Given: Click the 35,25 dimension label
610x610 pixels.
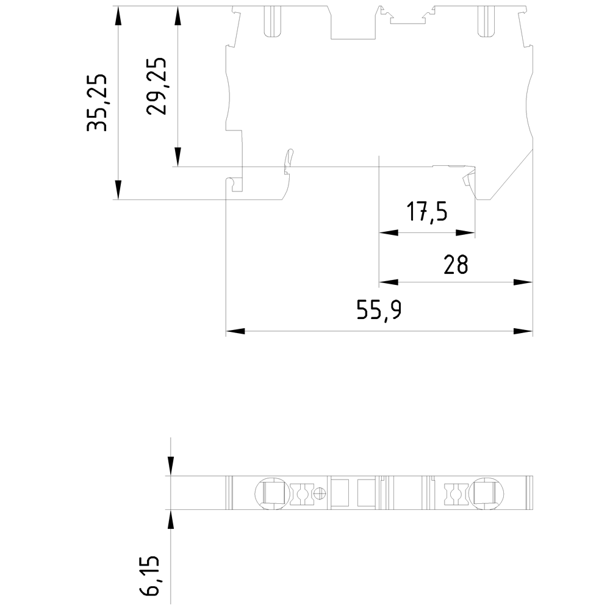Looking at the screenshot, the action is (96, 102).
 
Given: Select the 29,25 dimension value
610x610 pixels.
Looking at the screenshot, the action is (156, 87).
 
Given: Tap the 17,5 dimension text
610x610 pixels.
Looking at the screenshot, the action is (427, 212).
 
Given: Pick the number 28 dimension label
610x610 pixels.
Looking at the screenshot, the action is (456, 265).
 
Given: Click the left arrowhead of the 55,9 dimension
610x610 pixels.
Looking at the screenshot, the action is (235, 331).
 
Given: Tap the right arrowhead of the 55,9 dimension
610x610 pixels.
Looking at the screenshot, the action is (523, 331).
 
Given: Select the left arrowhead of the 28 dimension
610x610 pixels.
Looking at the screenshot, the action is (389, 282).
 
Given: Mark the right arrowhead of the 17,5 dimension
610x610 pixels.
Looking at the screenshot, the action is (465, 232).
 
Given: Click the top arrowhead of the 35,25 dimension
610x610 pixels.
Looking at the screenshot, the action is (118, 16).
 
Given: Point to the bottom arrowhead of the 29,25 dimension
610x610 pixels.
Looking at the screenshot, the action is (178, 157).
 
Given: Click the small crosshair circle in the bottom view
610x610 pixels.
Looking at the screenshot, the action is (320, 493).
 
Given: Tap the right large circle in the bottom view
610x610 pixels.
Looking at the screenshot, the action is (486, 493).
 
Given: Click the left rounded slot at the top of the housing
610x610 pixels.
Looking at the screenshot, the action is (273, 22).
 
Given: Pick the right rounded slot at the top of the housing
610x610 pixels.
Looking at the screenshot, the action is (486, 22).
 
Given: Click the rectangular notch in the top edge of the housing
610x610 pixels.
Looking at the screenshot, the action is (353, 23).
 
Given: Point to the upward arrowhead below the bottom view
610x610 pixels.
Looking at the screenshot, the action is (171, 519).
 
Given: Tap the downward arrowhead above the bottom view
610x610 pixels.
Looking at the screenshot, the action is (171, 466).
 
